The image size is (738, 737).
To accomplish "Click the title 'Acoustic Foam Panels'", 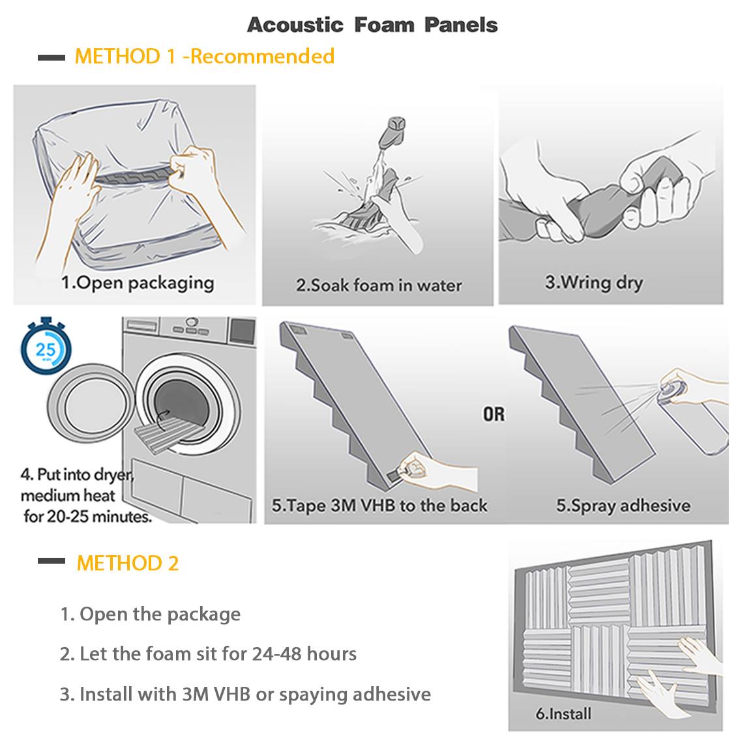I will [372, 25].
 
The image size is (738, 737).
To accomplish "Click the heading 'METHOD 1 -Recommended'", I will [205, 56].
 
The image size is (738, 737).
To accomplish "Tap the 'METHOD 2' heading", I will [128, 563].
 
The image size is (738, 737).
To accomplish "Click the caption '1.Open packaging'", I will [138, 283].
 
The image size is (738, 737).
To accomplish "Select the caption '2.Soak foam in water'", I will [379, 285].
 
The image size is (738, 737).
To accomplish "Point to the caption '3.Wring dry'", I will [594, 283].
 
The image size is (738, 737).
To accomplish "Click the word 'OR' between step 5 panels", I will [494, 414].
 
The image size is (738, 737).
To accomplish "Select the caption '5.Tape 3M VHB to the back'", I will [379, 506].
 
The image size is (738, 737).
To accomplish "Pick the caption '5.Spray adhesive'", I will [623, 506].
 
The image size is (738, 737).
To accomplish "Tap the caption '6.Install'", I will [563, 714].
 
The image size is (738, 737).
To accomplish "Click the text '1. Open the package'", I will [151, 614].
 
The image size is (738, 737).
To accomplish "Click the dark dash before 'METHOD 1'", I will [52, 57].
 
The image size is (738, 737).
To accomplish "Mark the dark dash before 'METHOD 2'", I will [52, 561].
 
